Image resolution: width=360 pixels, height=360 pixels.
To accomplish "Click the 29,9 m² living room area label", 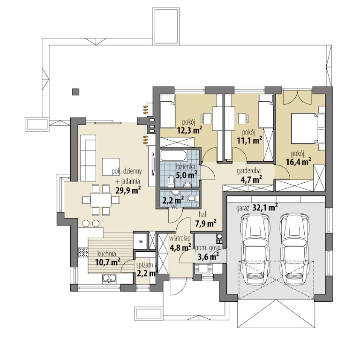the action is click(128, 191).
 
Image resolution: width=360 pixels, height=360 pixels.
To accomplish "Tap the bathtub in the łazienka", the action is click(173, 156).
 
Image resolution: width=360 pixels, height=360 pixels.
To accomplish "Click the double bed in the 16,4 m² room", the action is click(308, 128).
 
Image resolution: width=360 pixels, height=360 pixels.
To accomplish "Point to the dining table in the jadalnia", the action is click(101, 200).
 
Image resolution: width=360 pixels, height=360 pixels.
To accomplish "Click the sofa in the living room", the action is click(88, 158).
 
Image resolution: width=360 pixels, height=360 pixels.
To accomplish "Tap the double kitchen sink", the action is click(109, 278).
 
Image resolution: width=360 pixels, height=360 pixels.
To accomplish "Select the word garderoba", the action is click(248, 171).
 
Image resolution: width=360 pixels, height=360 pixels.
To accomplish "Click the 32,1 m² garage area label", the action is click(265, 208).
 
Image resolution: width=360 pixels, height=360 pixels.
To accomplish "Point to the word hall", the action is click(203, 214).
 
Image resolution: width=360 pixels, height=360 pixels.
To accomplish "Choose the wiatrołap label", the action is click(180, 238).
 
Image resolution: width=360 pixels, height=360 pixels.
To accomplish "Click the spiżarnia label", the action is click(147, 265).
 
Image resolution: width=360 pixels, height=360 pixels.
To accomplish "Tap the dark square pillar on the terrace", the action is click(75, 92).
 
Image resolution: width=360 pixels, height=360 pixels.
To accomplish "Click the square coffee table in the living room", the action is click(111, 167).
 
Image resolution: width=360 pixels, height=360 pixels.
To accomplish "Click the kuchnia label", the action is click(107, 254).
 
